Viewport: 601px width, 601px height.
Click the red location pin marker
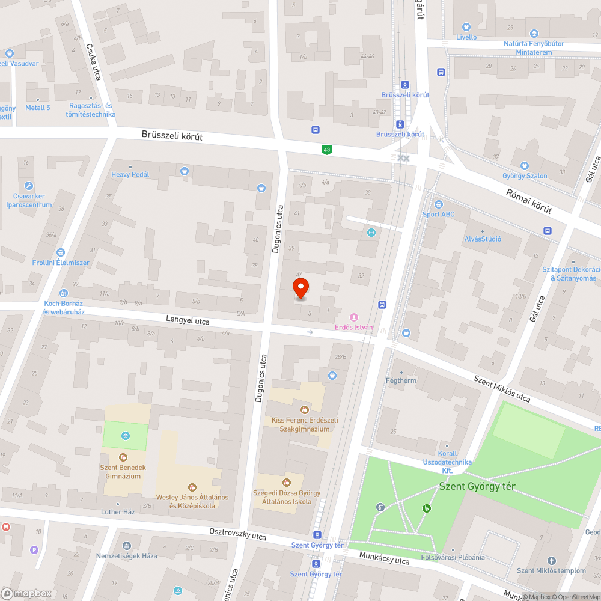coord(300,288)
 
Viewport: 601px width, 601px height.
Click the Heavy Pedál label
coord(130,174)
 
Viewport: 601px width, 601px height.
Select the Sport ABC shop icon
coord(438,204)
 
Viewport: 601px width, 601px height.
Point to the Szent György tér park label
coord(477,487)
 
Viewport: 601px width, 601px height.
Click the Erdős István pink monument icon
coord(353,317)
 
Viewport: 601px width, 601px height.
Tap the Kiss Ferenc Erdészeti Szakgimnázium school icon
coord(304,410)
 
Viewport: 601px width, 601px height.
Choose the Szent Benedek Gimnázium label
coord(123,472)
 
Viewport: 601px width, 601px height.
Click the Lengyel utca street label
coord(188,322)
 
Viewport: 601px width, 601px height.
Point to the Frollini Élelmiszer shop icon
coord(60,253)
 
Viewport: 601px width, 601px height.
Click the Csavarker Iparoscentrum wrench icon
coord(28,186)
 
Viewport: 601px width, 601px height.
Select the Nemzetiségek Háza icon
coord(126,546)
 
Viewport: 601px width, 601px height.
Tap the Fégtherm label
coord(401,380)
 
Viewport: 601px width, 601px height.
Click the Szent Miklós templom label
coord(551,570)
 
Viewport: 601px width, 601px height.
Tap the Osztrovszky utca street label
coord(238,533)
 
